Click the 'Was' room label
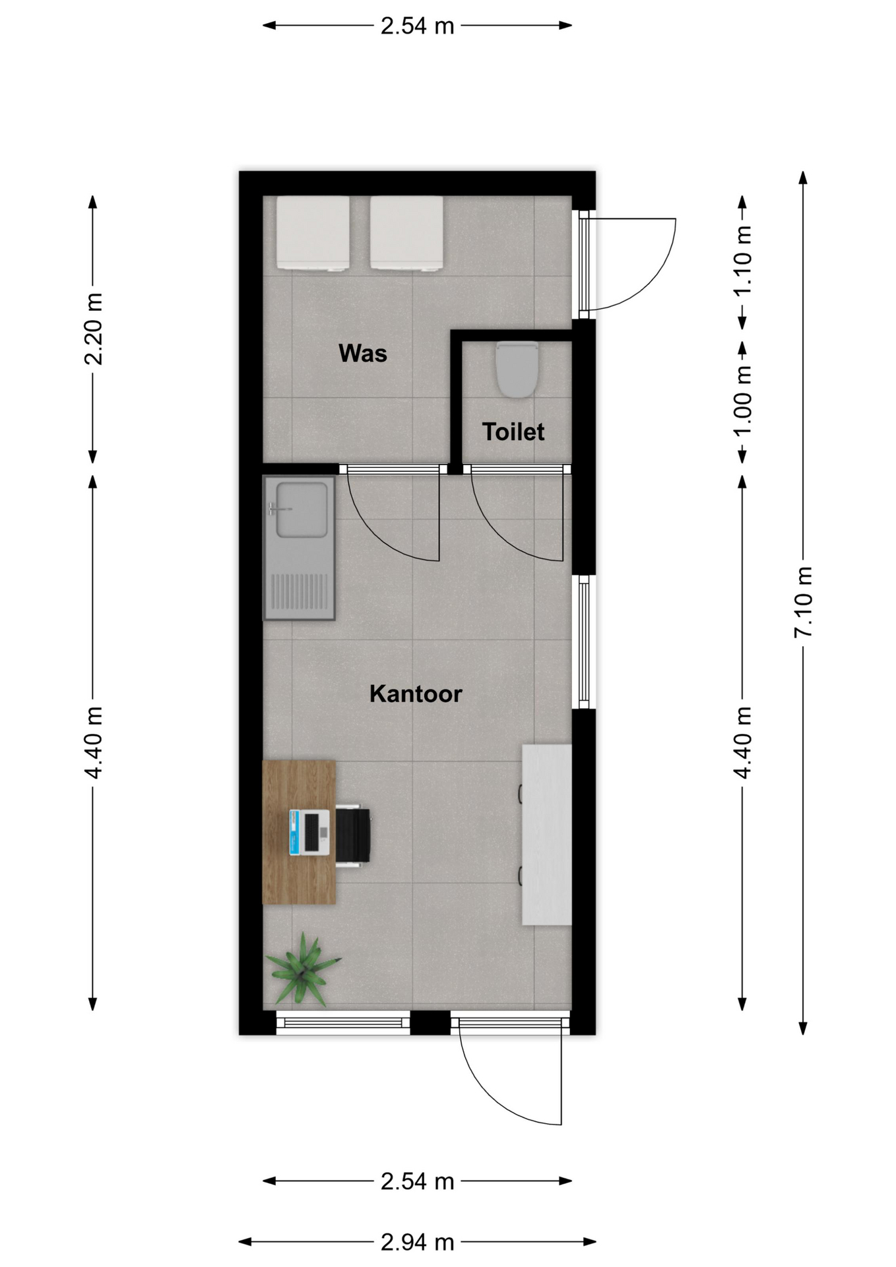click(x=362, y=353)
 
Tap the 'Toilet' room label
click(x=513, y=432)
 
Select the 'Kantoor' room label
click(x=416, y=694)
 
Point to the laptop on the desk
click(x=309, y=832)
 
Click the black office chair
click(x=353, y=835)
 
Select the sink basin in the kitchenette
click(x=302, y=509)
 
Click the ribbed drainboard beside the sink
click(x=300, y=591)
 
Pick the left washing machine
click(x=313, y=233)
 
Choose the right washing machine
click(x=406, y=233)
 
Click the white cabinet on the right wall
click(x=546, y=835)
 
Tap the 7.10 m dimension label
click(x=803, y=602)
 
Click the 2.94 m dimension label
click(x=418, y=1242)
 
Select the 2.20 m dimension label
click(x=93, y=329)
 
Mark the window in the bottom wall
click(x=343, y=1023)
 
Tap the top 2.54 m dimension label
click(x=418, y=26)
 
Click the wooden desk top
click(x=299, y=832)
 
